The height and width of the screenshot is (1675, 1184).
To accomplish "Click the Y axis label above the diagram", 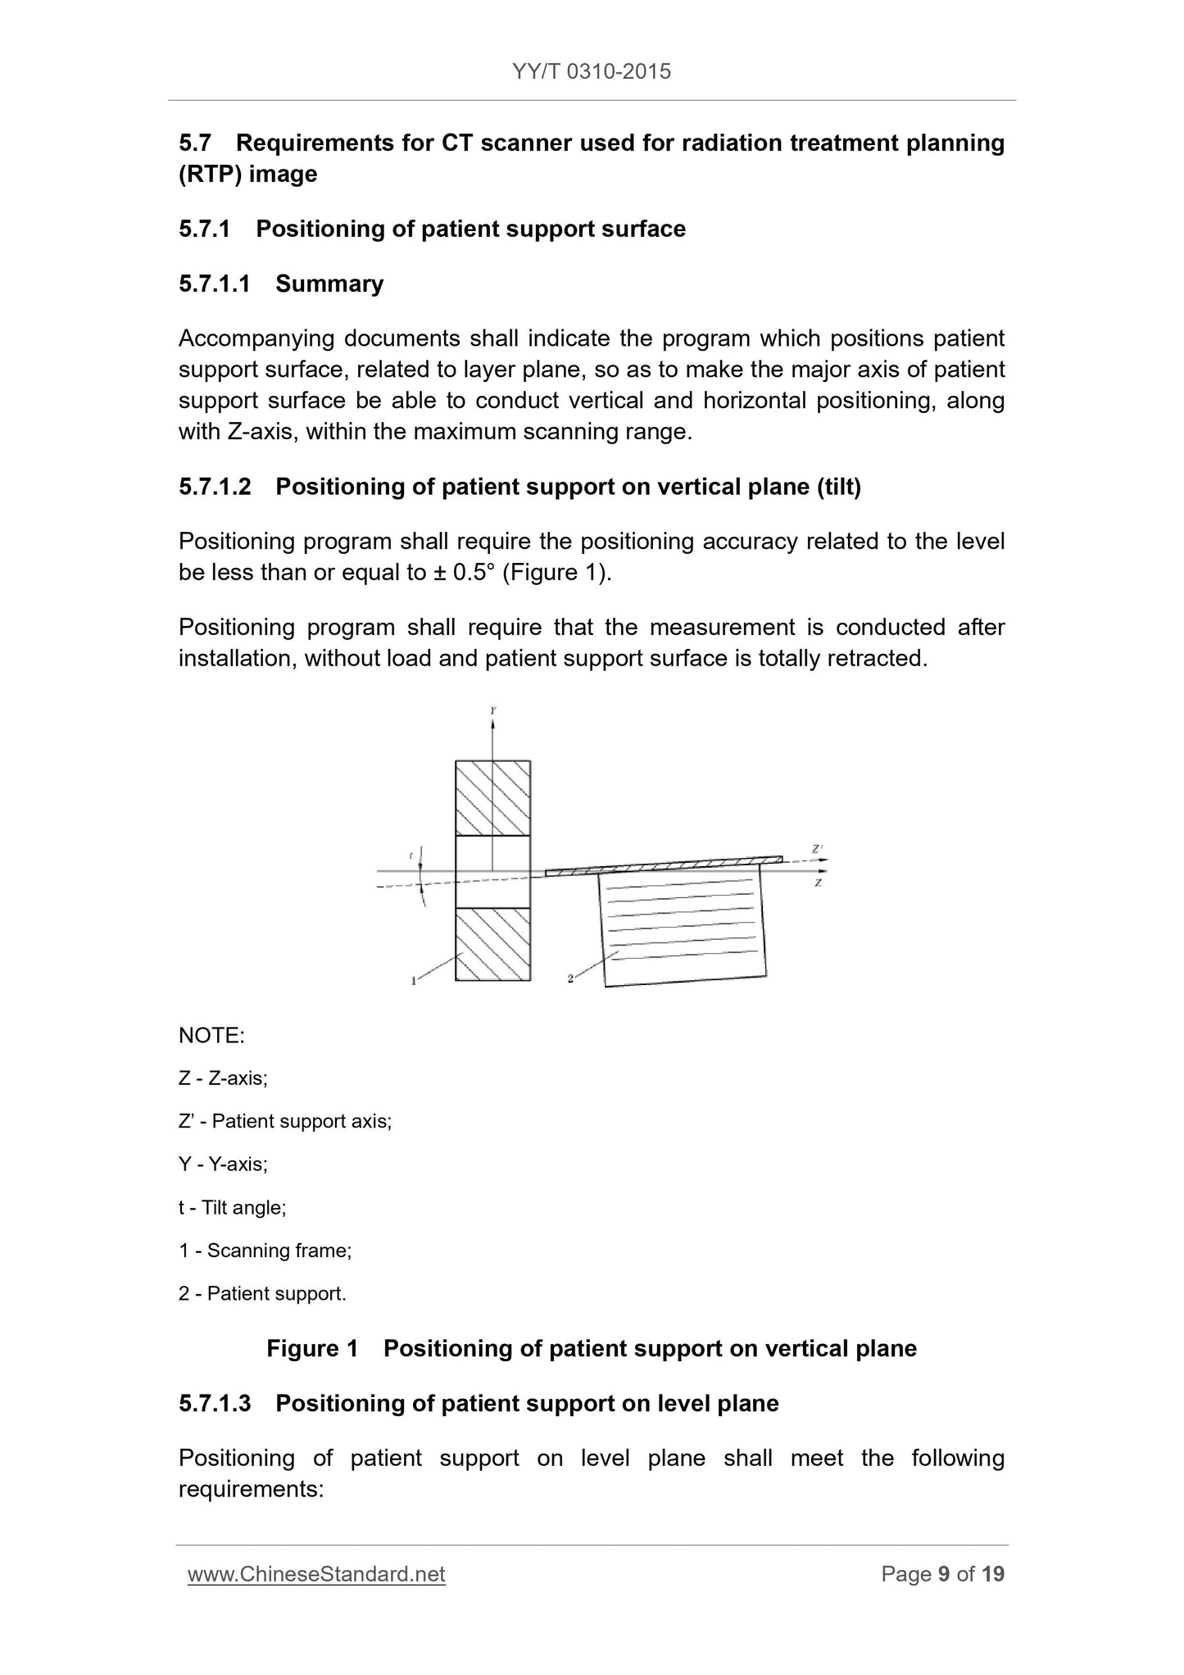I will click(493, 711).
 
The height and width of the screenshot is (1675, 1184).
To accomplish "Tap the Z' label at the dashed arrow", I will click(817, 850).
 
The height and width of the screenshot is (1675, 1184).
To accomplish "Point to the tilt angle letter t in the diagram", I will click(411, 856).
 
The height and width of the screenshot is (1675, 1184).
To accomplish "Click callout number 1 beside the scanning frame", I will click(414, 980).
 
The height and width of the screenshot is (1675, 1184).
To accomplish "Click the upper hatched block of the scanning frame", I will click(492, 797).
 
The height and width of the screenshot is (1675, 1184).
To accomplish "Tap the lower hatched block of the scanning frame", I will click(492, 944).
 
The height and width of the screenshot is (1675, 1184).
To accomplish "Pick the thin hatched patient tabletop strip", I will click(664, 866).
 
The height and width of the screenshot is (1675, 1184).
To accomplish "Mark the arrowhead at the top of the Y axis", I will click(493, 724).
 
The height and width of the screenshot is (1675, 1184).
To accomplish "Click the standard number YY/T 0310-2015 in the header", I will click(592, 72).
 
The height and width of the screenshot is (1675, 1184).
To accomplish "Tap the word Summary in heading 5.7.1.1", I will click(329, 284).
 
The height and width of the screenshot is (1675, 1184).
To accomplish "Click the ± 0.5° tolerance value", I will click(460, 572).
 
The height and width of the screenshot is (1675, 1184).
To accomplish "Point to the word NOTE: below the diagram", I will click(211, 1036).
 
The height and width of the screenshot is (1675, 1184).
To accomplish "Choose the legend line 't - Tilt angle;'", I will click(233, 1207).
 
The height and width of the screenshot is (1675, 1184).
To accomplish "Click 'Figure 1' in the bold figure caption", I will click(313, 1349).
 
